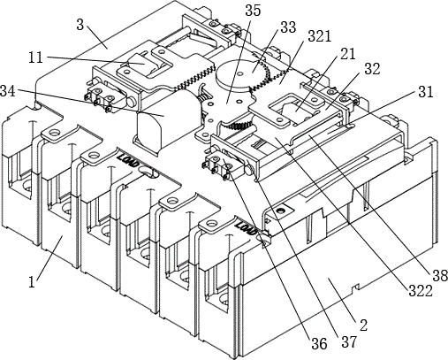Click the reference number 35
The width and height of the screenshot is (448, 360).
click(x=253, y=11)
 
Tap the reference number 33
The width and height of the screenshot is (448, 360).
click(x=288, y=27)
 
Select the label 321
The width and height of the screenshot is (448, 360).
click(x=320, y=36)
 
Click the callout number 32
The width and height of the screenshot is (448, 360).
click(x=372, y=69)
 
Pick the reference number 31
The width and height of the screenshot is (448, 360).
click(x=425, y=92)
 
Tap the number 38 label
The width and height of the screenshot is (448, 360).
click(x=440, y=276)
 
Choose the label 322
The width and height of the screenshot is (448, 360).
click(x=421, y=291)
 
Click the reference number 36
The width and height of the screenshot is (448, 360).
click(x=319, y=344)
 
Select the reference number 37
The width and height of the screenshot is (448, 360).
click(x=349, y=341)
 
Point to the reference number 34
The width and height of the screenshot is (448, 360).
click(x=8, y=90)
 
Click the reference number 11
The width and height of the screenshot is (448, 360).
click(x=35, y=57)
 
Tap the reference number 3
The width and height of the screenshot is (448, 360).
click(x=80, y=25)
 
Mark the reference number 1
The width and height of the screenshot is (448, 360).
click(x=32, y=281)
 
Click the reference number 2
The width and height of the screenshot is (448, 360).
click(x=364, y=325)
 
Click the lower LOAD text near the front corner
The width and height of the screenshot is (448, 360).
click(x=247, y=227)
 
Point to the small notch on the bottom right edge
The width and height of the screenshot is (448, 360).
click(x=357, y=287)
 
